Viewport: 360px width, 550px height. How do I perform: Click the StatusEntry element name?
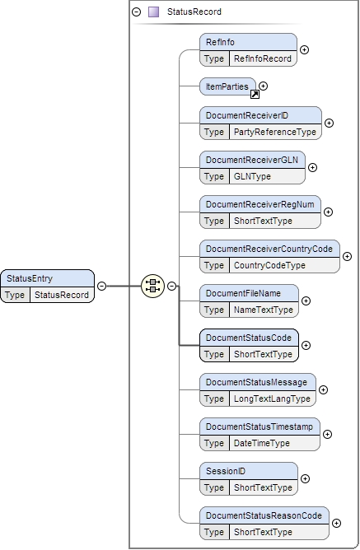point(30,278)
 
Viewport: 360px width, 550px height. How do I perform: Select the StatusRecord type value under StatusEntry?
point(60,294)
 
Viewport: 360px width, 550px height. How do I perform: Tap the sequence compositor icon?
point(152,287)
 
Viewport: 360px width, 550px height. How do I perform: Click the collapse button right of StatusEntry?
point(101,287)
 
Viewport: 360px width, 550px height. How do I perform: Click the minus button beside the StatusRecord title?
point(136,12)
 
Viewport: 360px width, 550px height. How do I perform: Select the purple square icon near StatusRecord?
point(153,12)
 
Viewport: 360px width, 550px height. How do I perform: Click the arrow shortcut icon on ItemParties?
point(255,94)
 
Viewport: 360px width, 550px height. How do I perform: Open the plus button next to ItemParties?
point(264,86)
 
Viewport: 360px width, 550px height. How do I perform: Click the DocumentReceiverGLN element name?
point(251,160)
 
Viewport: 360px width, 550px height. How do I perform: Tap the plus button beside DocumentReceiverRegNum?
point(329,212)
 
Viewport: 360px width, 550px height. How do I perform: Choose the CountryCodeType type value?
point(269,265)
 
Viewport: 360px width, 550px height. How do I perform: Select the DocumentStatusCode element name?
point(248,338)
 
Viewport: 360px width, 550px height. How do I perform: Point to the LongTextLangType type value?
point(272,399)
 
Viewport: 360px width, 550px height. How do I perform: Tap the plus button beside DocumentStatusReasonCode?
point(336,523)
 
